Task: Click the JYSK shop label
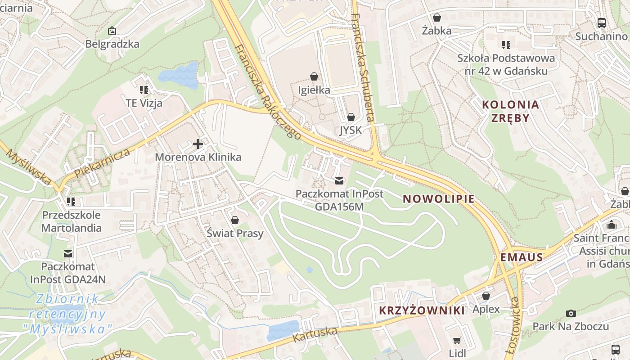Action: [351, 130]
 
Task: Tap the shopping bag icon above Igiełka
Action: [314, 77]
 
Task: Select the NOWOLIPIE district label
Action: [438, 199]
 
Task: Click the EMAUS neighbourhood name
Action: [522, 257]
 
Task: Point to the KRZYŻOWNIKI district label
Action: [422, 310]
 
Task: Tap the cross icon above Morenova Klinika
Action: [198, 144]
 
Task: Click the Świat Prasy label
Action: [234, 234]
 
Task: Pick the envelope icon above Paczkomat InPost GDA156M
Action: [339, 181]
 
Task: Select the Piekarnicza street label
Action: [103, 162]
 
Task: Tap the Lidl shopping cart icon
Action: [457, 340]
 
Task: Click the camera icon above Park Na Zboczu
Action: [571, 313]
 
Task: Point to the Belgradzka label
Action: [112, 44]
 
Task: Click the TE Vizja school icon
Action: [144, 90]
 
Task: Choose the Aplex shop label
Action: [486, 309]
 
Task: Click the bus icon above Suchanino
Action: [601, 22]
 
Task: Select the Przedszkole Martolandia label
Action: [71, 221]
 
